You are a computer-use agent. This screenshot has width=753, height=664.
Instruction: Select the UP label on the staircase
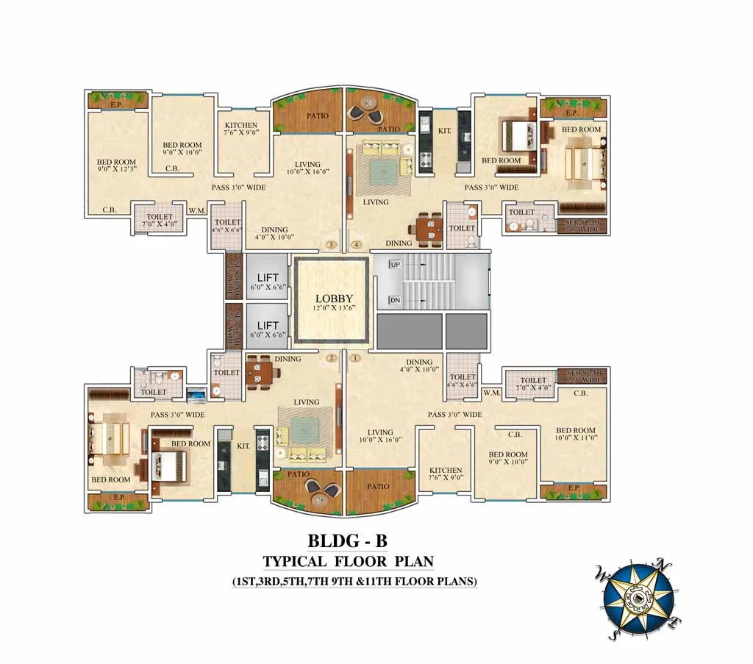(x=394, y=263)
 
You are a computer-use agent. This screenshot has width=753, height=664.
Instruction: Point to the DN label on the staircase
(x=394, y=301)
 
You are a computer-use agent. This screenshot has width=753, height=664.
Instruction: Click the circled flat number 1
(x=356, y=358)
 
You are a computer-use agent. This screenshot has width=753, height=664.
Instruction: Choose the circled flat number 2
(x=332, y=358)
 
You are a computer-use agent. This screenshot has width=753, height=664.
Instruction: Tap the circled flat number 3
(x=332, y=244)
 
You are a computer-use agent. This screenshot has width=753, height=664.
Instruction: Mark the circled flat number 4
(x=357, y=244)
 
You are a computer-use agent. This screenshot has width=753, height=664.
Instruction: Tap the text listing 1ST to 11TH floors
(x=354, y=581)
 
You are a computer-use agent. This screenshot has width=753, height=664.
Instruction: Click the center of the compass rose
(x=638, y=598)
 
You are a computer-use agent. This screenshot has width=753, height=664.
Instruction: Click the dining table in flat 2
(x=261, y=374)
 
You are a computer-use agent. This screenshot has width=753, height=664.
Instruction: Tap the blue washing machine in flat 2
(x=196, y=396)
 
